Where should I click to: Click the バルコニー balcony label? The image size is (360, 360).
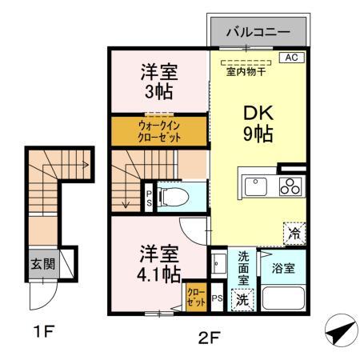(x=258, y=33)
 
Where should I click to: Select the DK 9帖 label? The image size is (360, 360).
(x=258, y=123)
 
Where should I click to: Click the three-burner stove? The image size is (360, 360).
(x=289, y=186)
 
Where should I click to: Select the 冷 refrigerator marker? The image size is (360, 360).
(x=295, y=233)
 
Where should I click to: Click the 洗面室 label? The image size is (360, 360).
(x=243, y=272)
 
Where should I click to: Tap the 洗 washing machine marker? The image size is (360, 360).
(x=242, y=299)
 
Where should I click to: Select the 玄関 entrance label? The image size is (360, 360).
(x=42, y=265)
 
